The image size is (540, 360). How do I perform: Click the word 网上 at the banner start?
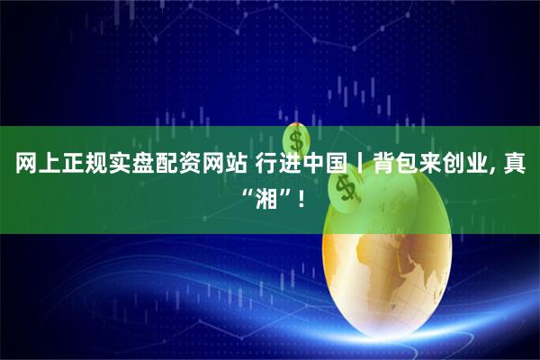point(35,165)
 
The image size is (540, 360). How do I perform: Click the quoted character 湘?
point(267,193)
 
